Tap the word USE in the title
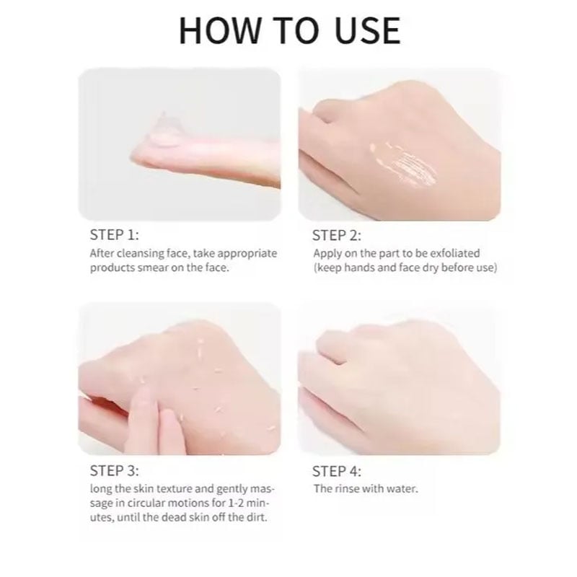point(367,31)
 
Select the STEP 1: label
point(115,235)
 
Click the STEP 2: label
point(337,236)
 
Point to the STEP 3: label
point(115,471)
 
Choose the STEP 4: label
point(337,471)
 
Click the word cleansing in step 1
point(141,254)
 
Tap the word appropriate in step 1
point(247,254)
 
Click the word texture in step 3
point(174,489)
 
